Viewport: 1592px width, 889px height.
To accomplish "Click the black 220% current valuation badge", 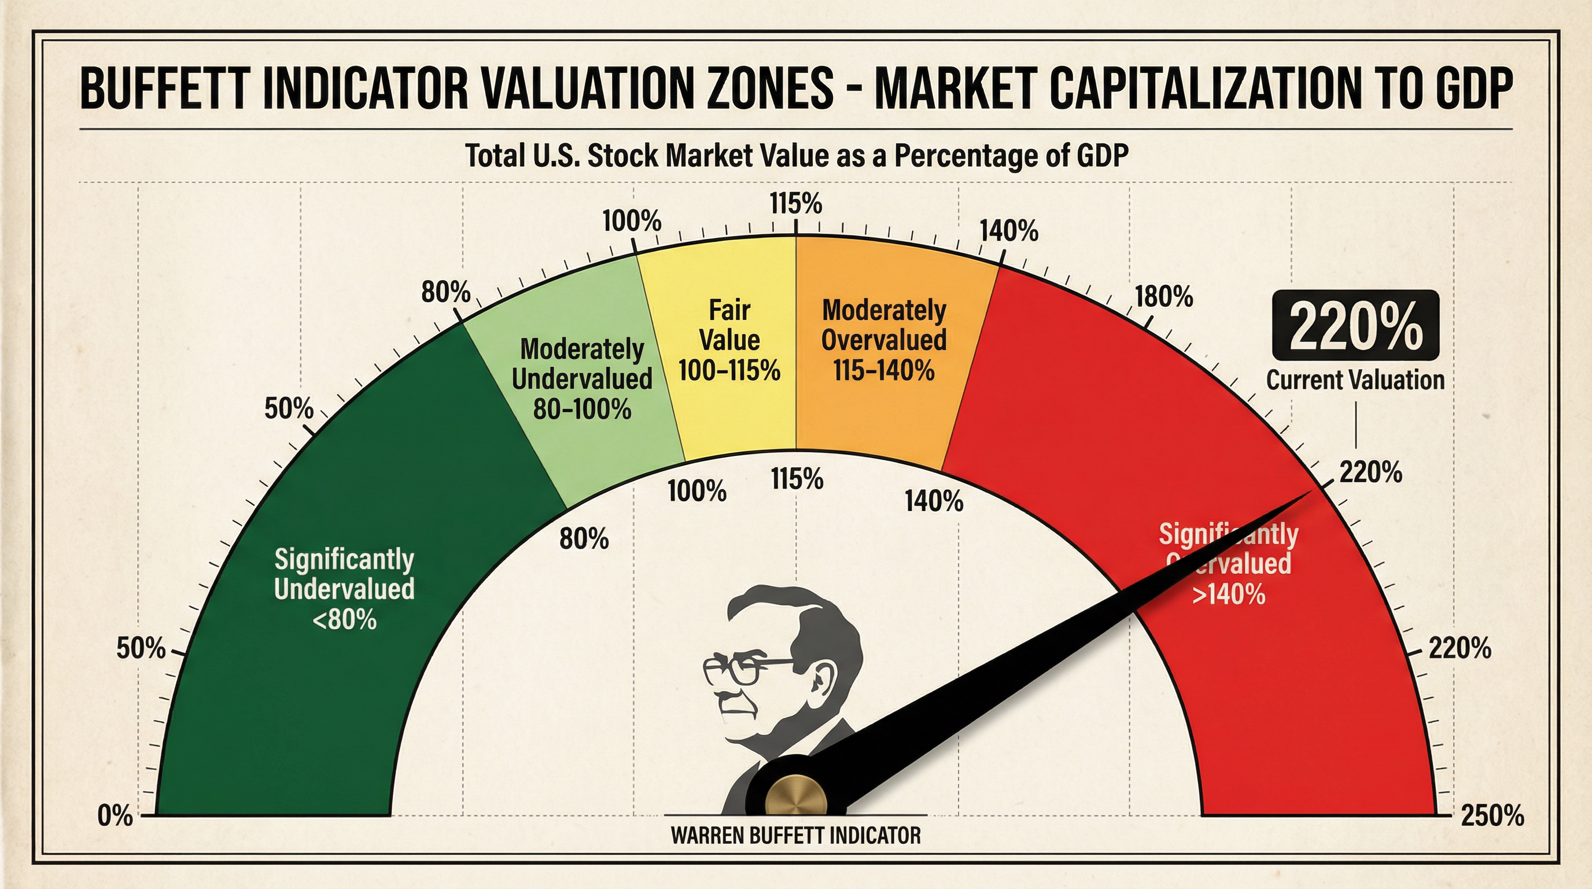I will coord(1355,325).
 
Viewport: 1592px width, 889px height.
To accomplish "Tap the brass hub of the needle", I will coord(796,804).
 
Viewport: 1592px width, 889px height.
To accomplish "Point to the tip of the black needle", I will coord(1309,492).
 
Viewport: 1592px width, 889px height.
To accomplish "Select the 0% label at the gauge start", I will coord(116,816).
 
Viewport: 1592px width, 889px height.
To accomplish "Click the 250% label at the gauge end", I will coord(1492,816).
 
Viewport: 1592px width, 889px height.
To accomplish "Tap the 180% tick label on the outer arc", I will coord(1164,297).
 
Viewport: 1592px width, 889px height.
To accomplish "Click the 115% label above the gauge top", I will coord(796,203).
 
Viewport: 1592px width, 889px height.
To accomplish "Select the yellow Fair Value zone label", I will coord(729,340).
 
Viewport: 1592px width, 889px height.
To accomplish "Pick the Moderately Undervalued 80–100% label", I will coord(582,379).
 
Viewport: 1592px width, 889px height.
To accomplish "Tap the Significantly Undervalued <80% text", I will coord(344,589).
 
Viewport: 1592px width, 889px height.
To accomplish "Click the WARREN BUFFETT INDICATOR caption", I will coord(796,836).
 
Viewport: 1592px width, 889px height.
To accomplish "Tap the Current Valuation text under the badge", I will coord(1355,380).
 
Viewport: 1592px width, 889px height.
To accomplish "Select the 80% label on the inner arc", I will coord(584,539).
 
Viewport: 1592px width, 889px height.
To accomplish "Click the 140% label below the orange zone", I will coord(934,501).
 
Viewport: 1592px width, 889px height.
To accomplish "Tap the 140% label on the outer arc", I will coord(1009,231).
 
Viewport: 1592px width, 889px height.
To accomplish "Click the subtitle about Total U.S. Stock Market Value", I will coord(796,156).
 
